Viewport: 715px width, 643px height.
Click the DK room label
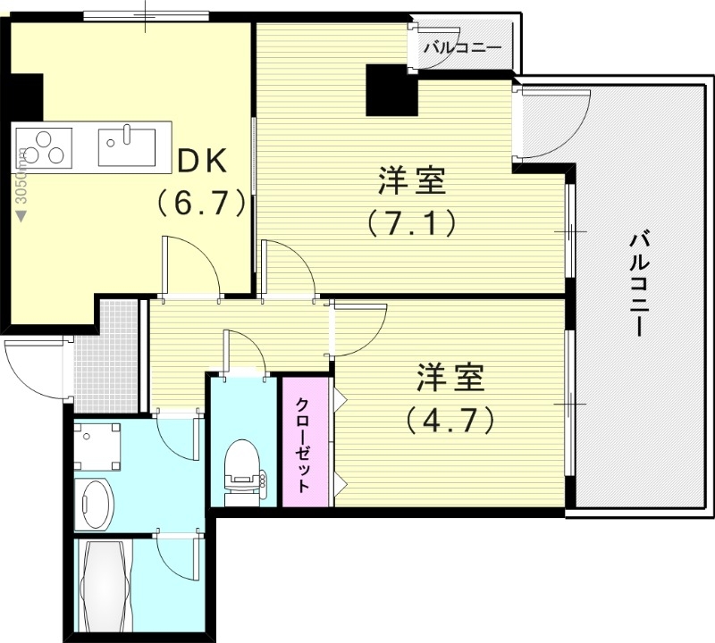206,162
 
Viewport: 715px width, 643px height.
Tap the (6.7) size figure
202,203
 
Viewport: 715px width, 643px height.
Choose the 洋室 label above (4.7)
450,379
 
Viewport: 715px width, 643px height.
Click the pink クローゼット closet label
304,444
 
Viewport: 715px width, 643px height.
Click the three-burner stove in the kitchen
44,147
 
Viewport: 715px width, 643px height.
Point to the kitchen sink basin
126,146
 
